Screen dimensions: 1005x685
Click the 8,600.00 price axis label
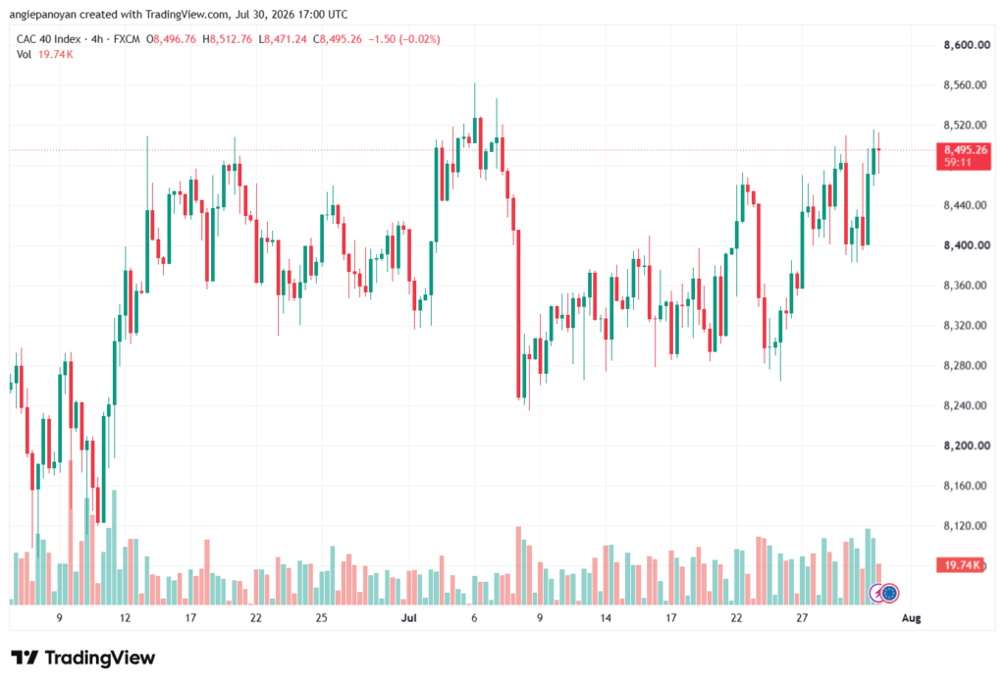point(967,45)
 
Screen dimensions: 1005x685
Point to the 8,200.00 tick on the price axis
point(967,446)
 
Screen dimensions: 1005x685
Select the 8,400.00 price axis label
point(967,245)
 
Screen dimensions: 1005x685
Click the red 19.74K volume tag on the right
point(960,565)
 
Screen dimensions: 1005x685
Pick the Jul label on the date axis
point(408,618)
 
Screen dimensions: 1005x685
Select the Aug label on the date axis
point(911,618)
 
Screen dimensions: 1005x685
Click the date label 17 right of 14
point(670,618)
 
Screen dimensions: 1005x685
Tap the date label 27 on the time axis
point(802,618)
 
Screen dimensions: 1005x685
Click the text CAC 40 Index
point(49,39)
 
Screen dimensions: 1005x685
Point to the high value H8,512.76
point(227,39)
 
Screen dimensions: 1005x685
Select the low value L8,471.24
point(283,39)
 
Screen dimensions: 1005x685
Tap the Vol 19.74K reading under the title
point(45,55)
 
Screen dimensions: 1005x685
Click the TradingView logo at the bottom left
point(83,658)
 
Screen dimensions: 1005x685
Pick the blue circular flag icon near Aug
point(889,594)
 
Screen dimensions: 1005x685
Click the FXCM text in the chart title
point(127,39)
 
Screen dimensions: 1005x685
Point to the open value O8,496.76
point(171,39)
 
